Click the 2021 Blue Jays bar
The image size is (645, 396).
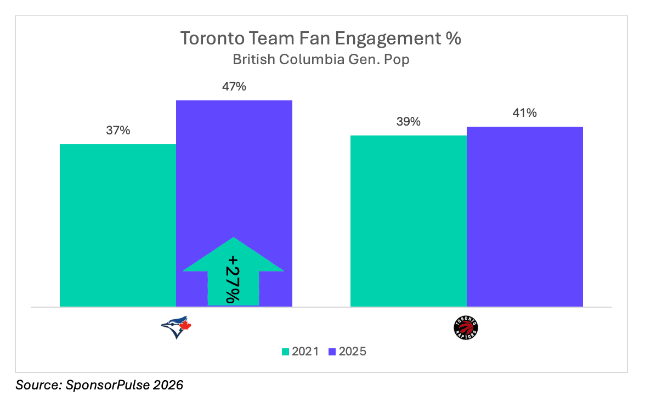pyautogui.click(x=117, y=225)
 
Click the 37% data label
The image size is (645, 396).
pyautogui.click(x=117, y=131)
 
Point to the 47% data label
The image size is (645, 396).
pyautogui.click(x=234, y=87)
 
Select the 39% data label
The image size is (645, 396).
pyautogui.click(x=408, y=122)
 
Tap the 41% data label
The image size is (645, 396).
pyautogui.click(x=525, y=113)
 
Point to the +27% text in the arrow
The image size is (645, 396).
pyautogui.click(x=233, y=279)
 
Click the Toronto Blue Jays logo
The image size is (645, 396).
pyautogui.click(x=176, y=327)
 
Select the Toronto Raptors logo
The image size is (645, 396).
pyautogui.click(x=466, y=328)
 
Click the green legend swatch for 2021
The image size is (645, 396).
pyautogui.click(x=285, y=352)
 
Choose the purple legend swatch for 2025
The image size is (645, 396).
pyautogui.click(x=331, y=352)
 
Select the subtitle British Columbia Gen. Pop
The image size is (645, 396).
pyautogui.click(x=321, y=59)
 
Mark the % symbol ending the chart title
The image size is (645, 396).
pyautogui.click(x=454, y=39)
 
